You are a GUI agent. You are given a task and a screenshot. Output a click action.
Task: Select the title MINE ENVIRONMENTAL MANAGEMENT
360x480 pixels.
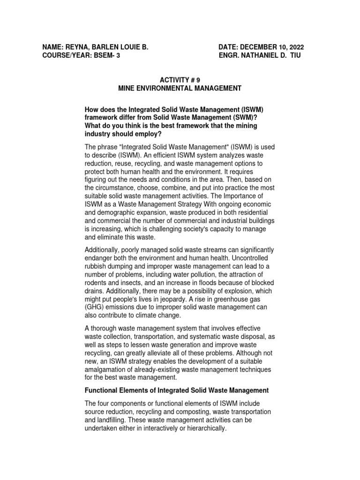(180, 88)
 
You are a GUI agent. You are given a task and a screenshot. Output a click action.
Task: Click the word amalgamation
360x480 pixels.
(106, 369)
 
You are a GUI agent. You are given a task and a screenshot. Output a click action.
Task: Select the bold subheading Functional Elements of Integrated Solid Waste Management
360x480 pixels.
(177, 390)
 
